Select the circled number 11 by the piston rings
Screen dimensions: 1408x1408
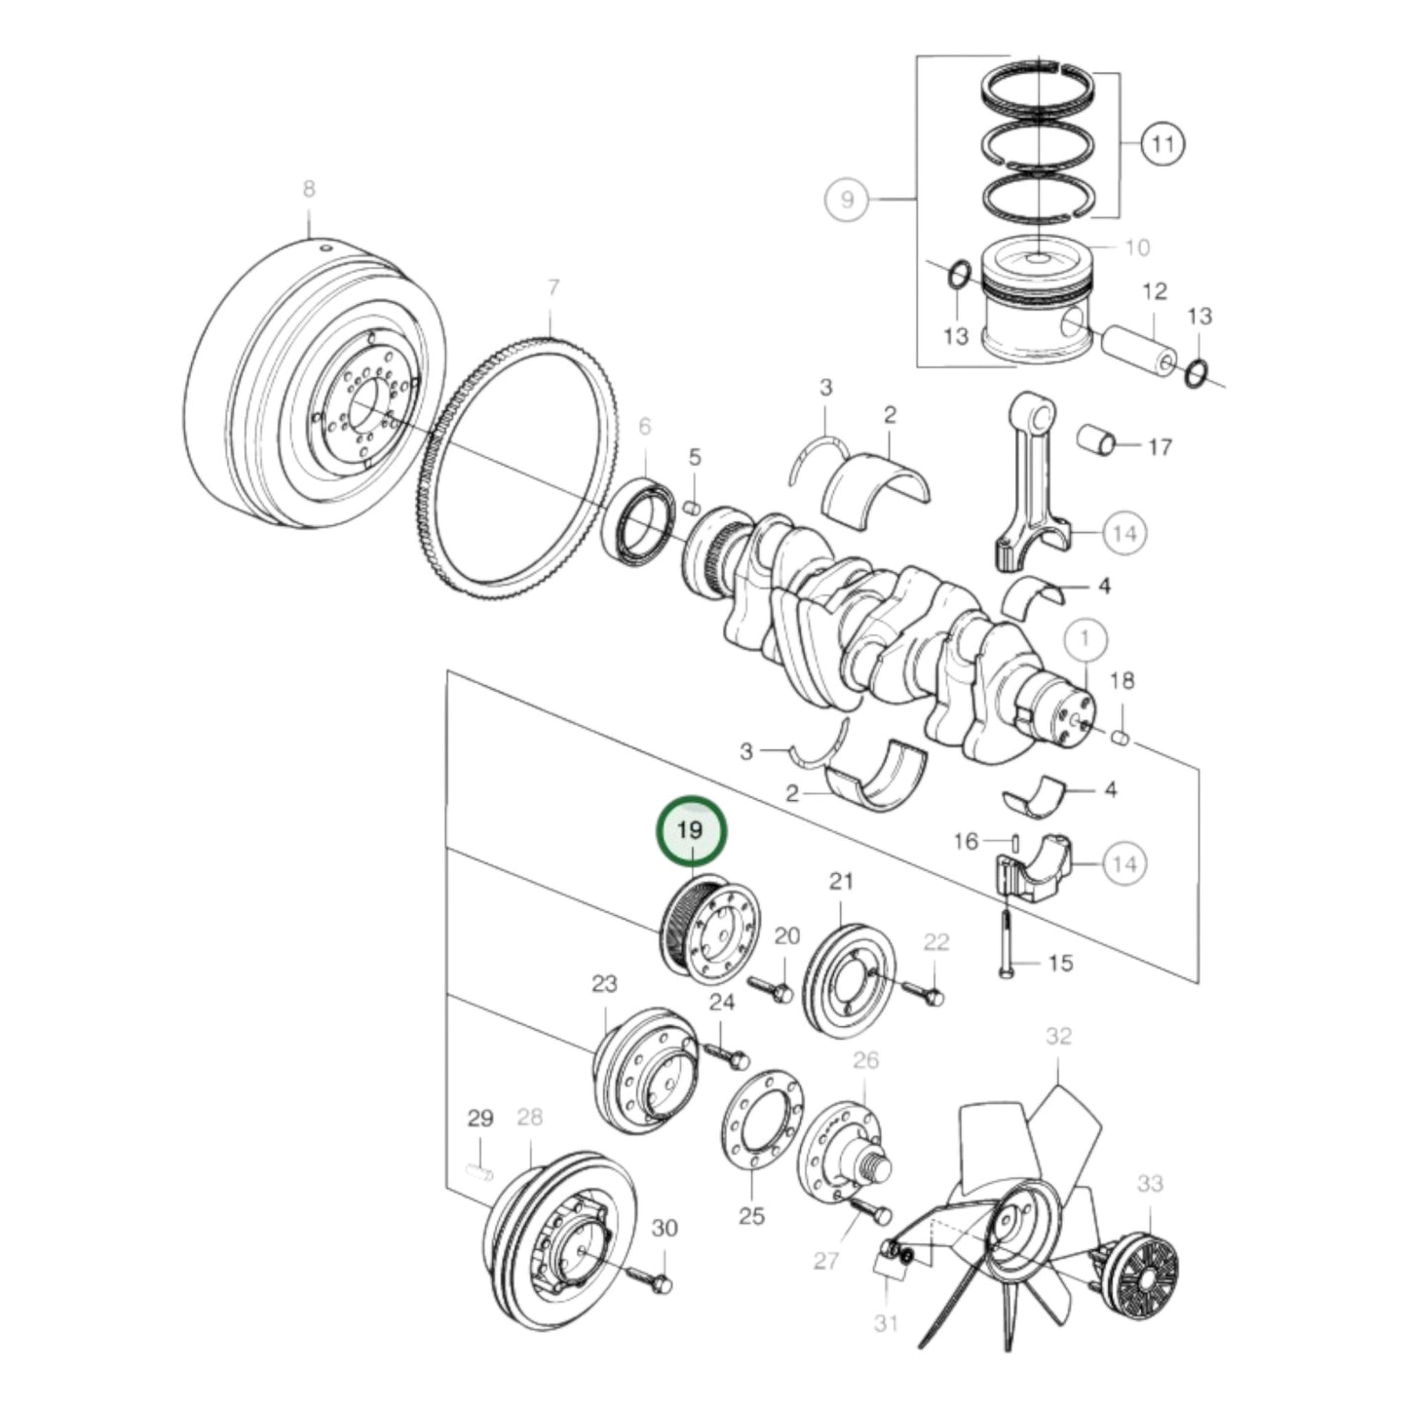tap(1161, 145)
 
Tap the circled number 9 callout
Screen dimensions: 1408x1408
tap(847, 199)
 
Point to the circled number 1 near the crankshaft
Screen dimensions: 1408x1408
tap(1086, 639)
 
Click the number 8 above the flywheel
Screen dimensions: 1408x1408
tap(309, 189)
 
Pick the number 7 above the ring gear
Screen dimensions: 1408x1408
tap(552, 287)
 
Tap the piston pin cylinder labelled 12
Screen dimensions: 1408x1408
tap(1137, 349)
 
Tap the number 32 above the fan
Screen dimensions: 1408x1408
tap(1058, 1037)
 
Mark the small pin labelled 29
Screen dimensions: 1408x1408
tap(479, 1170)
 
